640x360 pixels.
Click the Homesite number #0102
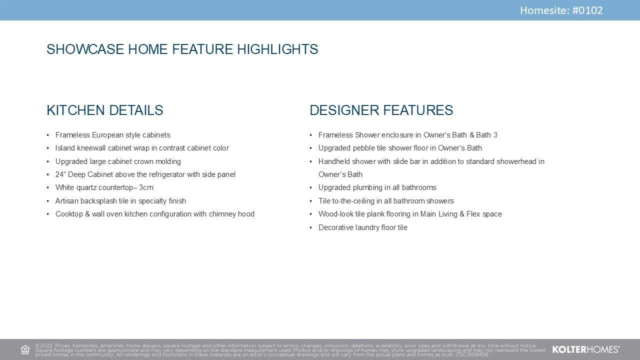(587, 10)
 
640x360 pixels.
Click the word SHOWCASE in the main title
(85, 49)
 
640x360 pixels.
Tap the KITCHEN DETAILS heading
(105, 110)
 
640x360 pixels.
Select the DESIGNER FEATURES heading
(381, 110)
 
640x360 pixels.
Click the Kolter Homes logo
(586, 349)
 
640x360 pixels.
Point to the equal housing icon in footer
(25, 349)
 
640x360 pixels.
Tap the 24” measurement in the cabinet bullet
(60, 174)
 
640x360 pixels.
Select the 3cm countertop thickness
(146, 187)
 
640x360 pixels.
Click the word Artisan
(67, 201)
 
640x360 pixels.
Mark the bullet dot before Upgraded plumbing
(311, 187)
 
